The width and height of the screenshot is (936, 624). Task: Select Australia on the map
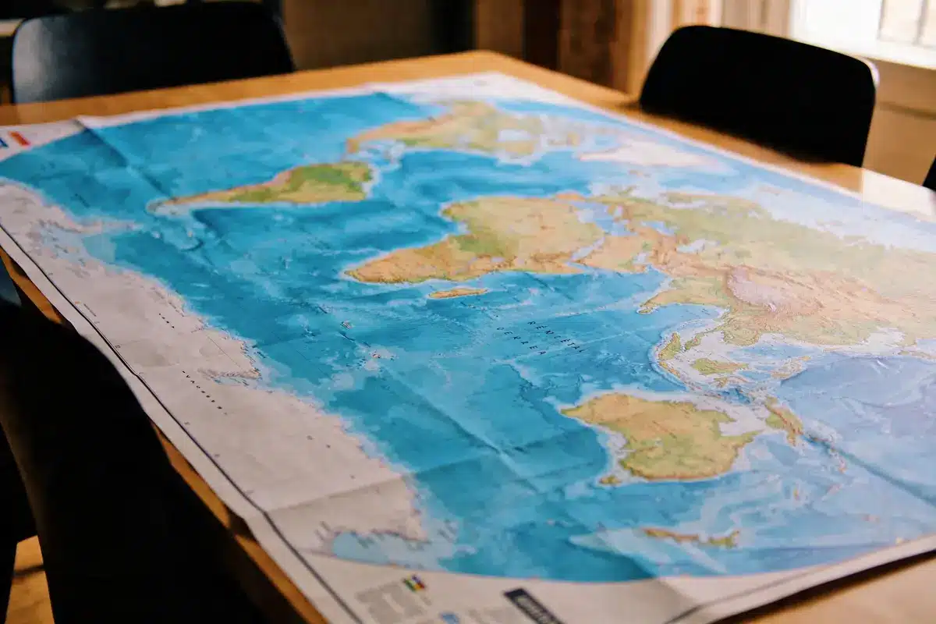(663, 437)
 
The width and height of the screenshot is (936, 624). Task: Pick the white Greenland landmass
(647, 152)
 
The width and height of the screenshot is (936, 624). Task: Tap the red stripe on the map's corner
(20, 139)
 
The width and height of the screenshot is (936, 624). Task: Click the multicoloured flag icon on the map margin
(414, 583)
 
